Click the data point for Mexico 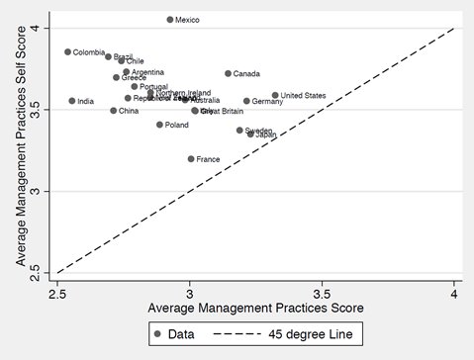(170, 20)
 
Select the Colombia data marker (68, 52)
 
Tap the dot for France (191, 159)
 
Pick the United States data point (275, 96)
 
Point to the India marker (72, 101)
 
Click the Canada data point (228, 73)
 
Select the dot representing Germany (246, 101)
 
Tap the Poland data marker (159, 125)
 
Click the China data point (114, 111)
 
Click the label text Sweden (258, 131)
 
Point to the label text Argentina (148, 72)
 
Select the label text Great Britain (222, 112)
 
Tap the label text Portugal (153, 87)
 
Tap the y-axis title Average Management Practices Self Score (19, 148)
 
